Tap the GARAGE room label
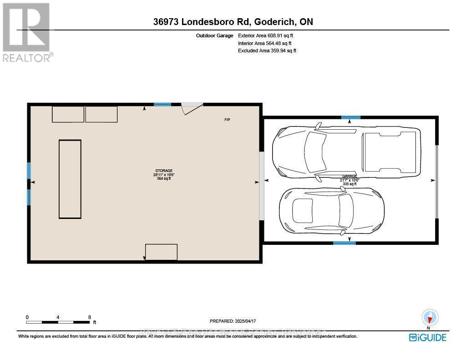349,176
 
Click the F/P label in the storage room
227,120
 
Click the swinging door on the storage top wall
191,108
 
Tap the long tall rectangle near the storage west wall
70,179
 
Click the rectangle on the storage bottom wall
161,252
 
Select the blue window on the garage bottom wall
344,243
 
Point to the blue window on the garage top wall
351,117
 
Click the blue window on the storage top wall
162,105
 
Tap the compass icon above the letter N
430,317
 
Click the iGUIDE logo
427,337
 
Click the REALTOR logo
27,32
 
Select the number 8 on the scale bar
90,317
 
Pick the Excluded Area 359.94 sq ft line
267,51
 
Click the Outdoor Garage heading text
215,35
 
